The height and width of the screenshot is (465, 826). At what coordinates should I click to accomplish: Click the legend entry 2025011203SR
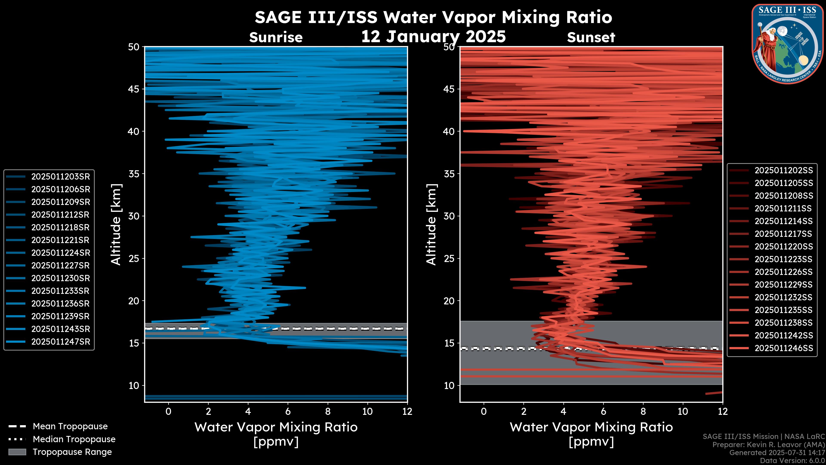coord(60,177)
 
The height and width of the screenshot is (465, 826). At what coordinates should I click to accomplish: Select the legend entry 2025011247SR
coord(60,342)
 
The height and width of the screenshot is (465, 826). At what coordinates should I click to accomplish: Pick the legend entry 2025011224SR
coord(60,253)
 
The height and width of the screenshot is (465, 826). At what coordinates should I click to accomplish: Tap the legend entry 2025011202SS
coord(783,170)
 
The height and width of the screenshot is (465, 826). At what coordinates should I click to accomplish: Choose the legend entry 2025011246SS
coord(783,348)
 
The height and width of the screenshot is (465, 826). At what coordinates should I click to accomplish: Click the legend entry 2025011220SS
coord(783,246)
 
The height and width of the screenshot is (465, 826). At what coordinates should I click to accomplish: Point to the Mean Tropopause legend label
coord(70,426)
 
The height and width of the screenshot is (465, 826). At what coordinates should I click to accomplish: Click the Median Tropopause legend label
coord(74,439)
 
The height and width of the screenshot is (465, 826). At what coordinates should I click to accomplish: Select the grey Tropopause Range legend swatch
coord(17,452)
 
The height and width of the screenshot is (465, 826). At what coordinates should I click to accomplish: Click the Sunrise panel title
coord(276,37)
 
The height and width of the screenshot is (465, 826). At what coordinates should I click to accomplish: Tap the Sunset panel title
coord(591,37)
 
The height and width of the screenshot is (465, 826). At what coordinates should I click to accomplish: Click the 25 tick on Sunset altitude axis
coord(449,259)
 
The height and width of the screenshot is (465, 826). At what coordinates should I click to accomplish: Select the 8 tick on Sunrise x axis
coord(328,411)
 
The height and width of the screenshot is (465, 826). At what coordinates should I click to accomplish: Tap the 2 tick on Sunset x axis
coord(524,411)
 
